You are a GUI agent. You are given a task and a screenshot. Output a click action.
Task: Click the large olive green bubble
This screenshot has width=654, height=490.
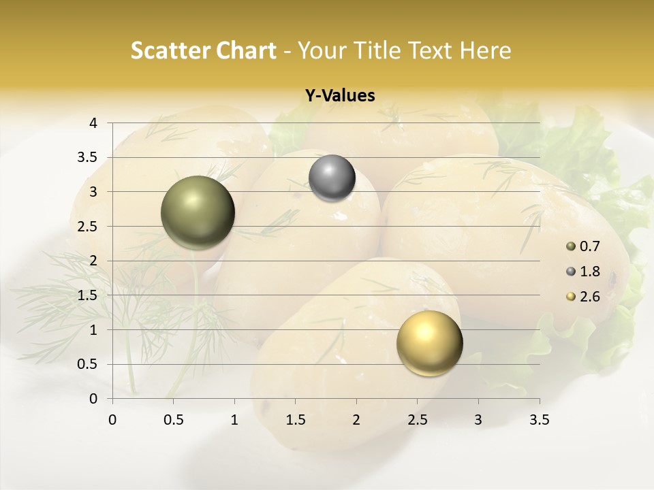click(198, 212)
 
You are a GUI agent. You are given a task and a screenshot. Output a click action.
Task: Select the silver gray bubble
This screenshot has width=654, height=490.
click(332, 178)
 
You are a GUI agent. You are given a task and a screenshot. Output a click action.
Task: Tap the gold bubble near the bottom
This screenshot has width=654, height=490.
click(429, 343)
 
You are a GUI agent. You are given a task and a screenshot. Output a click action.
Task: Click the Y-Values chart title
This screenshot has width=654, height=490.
click(339, 96)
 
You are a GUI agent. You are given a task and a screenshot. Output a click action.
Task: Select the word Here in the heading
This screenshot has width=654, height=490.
click(486, 50)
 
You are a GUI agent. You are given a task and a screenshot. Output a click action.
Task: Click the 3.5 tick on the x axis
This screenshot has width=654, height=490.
click(539, 420)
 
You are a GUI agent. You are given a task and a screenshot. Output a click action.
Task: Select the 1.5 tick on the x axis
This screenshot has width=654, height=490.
click(295, 420)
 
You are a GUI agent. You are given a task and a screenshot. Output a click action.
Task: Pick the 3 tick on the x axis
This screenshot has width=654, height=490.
click(478, 420)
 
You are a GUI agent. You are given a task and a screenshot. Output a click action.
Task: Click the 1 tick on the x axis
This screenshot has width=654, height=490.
click(234, 420)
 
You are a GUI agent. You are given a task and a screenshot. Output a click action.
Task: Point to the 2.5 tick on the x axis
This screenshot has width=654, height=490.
click(417, 420)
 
